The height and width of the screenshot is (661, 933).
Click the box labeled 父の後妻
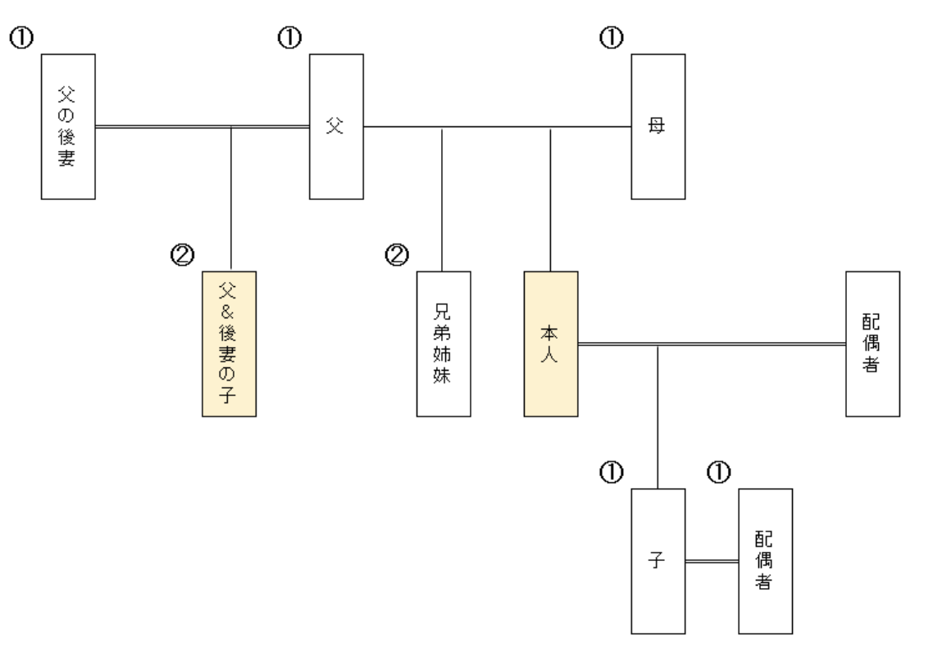click(69, 125)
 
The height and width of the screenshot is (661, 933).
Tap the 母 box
click(658, 126)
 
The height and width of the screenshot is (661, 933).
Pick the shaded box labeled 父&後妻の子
click(230, 344)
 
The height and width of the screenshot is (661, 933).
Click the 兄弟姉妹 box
click(443, 344)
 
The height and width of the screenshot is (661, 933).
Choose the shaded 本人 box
click(551, 344)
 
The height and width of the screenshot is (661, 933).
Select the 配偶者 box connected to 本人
click(872, 344)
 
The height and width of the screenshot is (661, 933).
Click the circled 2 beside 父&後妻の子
click(182, 256)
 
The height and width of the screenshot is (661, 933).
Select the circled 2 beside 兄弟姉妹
click(396, 256)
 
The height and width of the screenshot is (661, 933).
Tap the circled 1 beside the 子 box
click(612, 472)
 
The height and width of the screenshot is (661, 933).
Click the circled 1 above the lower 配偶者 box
click(718, 472)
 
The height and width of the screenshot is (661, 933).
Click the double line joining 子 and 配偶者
click(712, 562)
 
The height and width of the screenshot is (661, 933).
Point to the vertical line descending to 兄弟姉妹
click(443, 198)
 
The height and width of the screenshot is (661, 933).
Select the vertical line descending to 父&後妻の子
click(232, 198)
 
